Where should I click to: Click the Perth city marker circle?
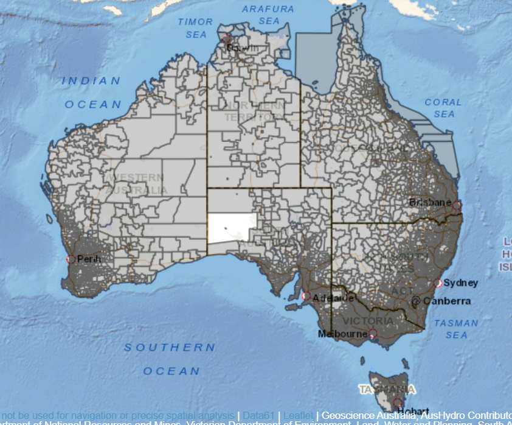click(x=71, y=259)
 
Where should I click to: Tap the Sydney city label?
click(x=460, y=283)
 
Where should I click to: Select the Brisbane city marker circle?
click(x=457, y=205)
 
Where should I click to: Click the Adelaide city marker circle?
click(x=306, y=297)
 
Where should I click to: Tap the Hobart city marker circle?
click(x=397, y=402)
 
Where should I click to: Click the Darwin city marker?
click(x=227, y=38)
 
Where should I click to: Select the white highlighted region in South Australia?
click(x=232, y=228)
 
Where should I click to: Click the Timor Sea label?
click(x=195, y=28)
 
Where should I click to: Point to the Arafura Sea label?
click(x=268, y=15)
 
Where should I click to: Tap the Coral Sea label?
click(x=443, y=108)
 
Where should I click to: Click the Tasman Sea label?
click(x=456, y=329)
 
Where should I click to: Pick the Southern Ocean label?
click(x=170, y=359)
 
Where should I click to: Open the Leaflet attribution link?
click(x=299, y=415)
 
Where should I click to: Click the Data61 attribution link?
click(x=258, y=415)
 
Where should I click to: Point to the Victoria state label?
click(x=368, y=321)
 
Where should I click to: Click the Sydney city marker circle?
click(x=438, y=283)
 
